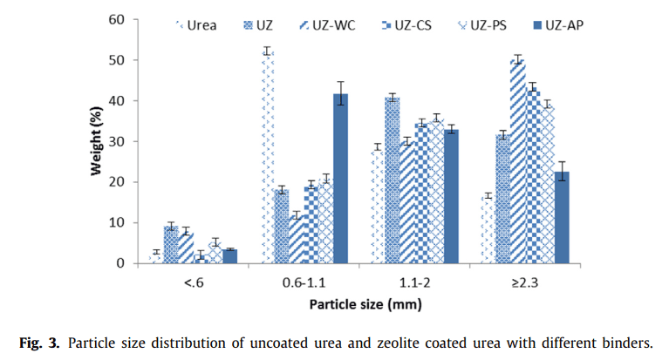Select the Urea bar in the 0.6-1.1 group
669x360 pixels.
pyautogui.click(x=267, y=157)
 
